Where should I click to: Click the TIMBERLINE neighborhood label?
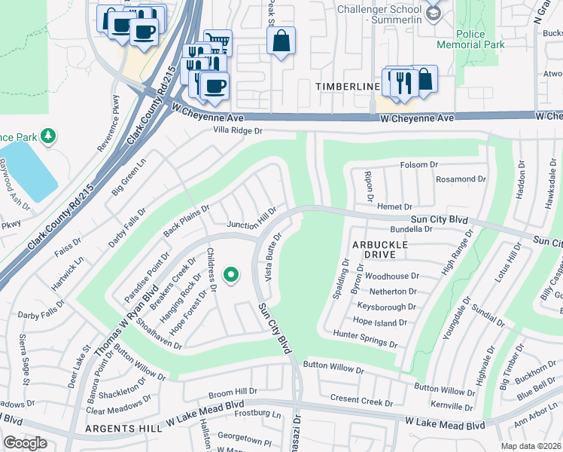(347, 87)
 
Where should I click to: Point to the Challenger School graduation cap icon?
(432, 13)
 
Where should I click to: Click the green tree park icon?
(48, 136)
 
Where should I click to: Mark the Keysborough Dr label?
(387, 307)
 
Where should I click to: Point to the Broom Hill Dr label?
(233, 392)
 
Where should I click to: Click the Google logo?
(25, 443)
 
